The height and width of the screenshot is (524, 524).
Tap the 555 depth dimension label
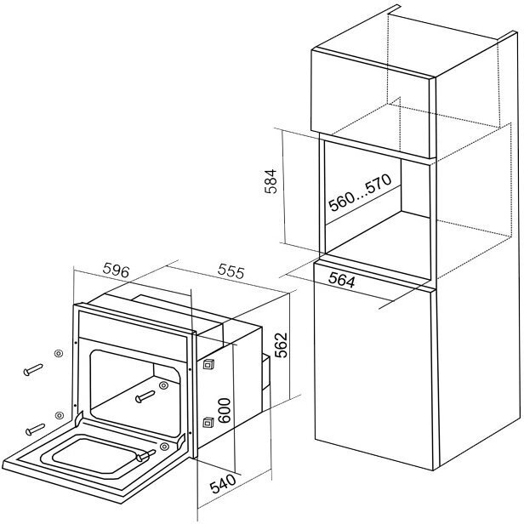point(231,272)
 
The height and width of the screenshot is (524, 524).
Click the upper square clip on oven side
point(208,362)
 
